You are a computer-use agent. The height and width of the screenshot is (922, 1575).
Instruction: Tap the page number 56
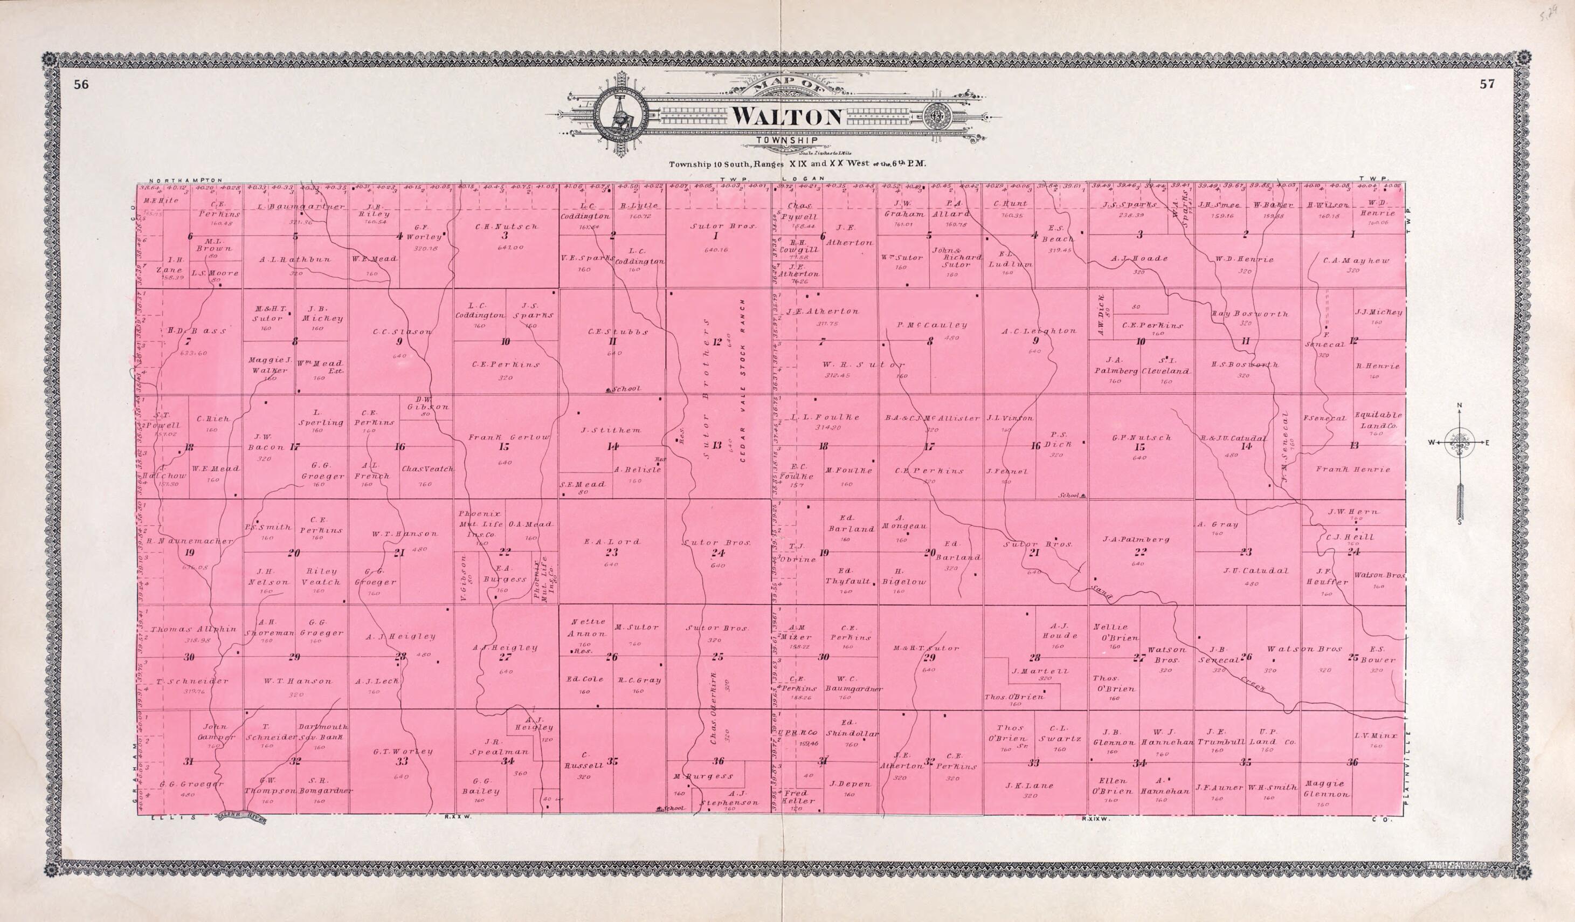coord(81,86)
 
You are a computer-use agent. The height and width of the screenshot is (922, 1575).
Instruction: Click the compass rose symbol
coord(1459,443)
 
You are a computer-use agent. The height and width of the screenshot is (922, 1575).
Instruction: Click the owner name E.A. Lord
coord(611,541)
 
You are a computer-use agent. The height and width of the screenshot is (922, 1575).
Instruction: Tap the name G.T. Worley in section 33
coord(403,752)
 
